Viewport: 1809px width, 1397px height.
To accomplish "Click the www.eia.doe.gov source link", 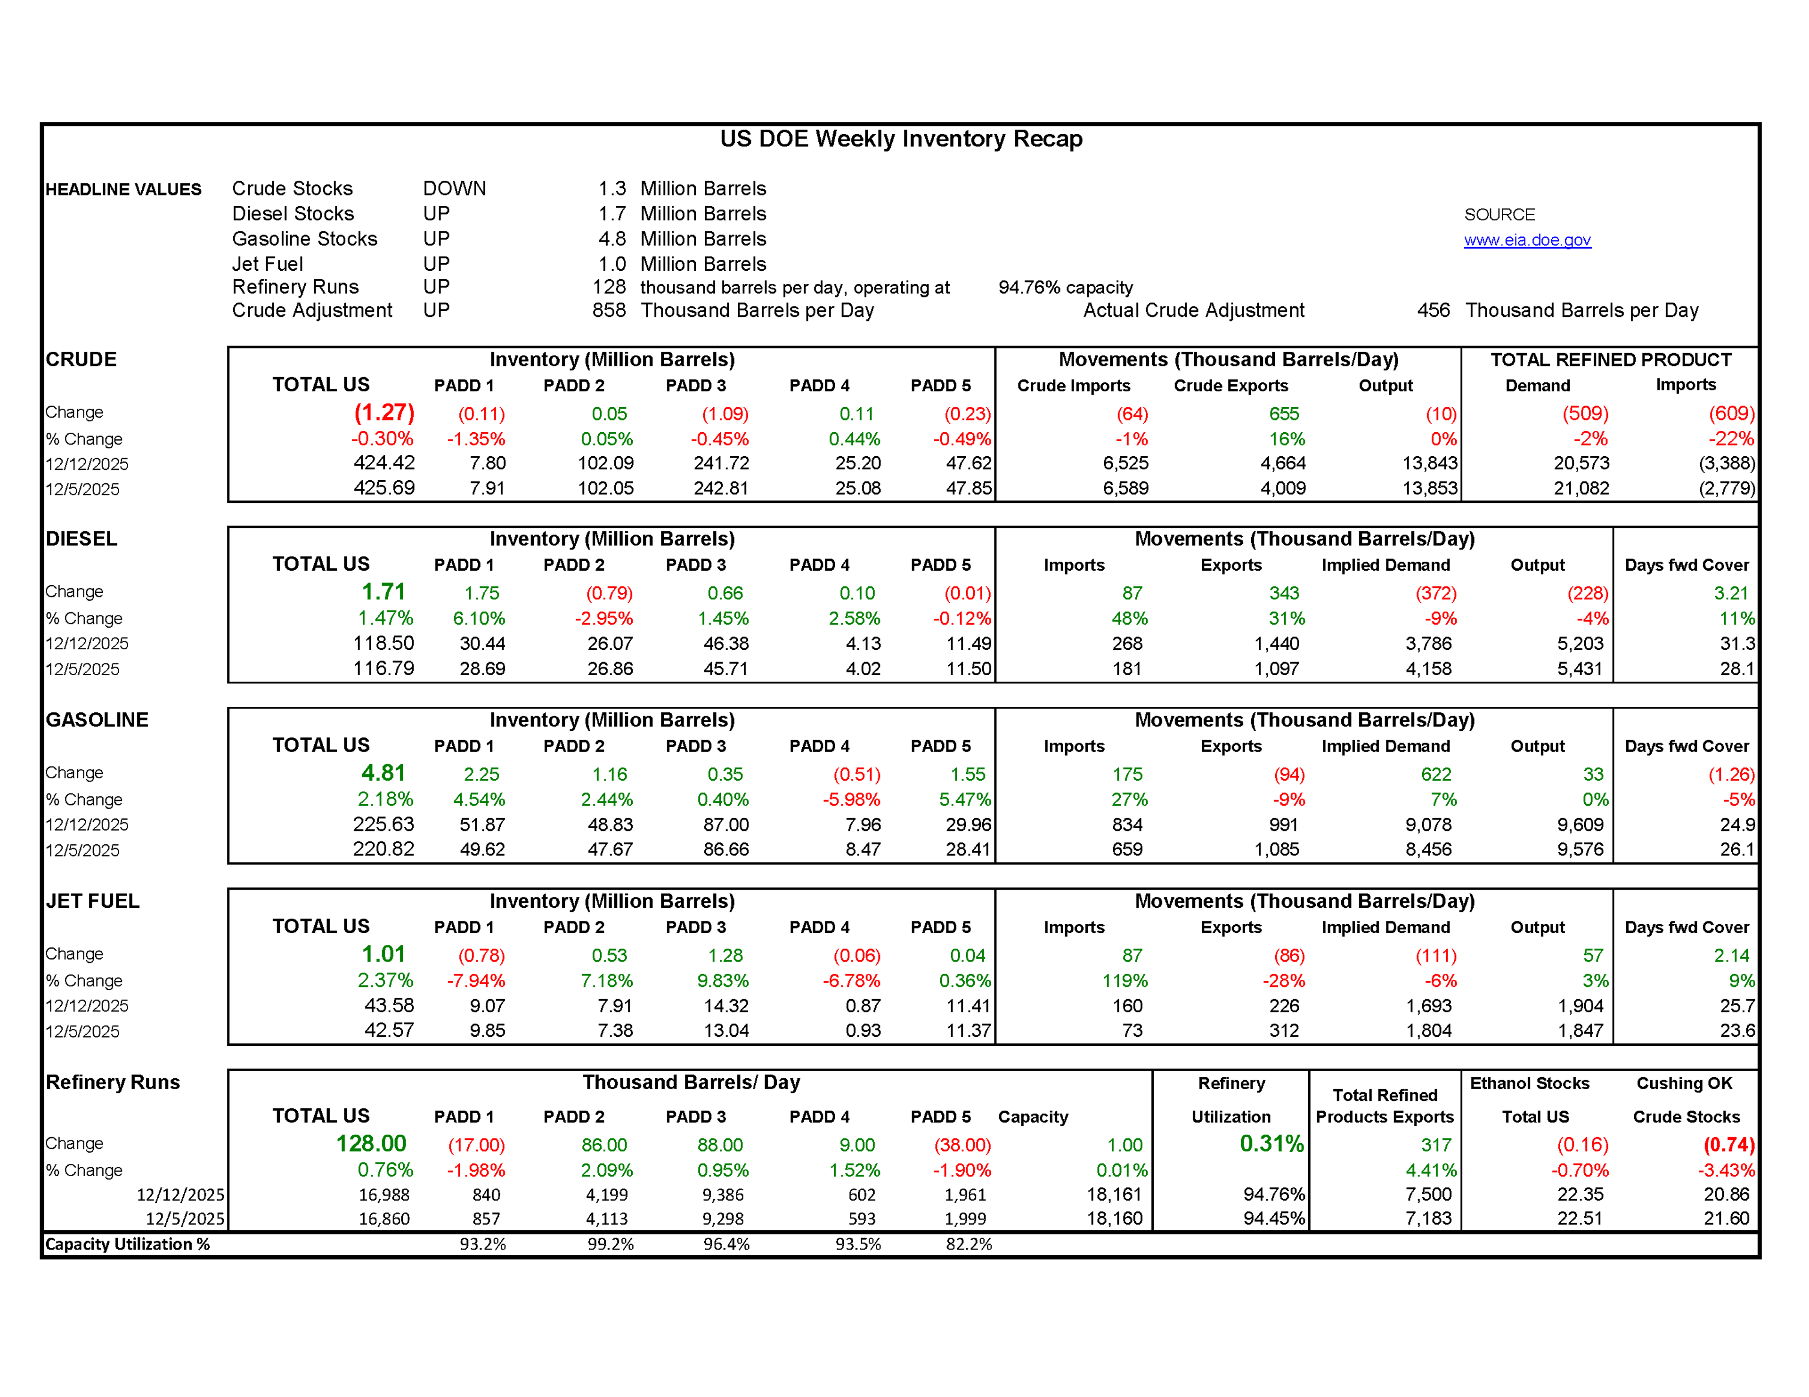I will click(1526, 240).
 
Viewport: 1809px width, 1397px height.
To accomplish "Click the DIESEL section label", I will click(81, 539).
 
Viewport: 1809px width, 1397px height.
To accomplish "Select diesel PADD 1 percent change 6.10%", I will click(478, 619).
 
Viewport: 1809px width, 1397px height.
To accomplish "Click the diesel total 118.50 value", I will click(383, 644).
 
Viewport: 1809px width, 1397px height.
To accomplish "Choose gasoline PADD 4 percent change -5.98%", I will click(851, 800).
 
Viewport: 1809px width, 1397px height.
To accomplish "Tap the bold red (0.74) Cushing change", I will click(1728, 1145).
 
